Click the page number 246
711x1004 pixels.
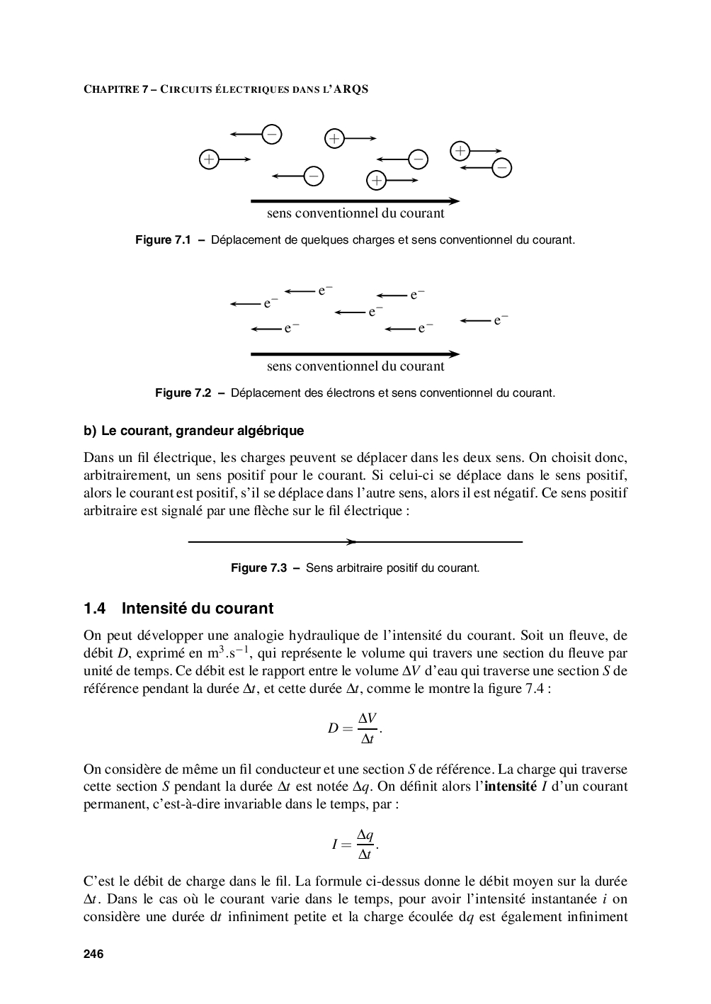(93, 954)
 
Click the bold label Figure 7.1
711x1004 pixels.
(164, 240)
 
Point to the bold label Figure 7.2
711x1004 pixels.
(183, 393)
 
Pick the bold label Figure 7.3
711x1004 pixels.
(259, 568)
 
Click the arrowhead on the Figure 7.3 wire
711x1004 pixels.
(351, 542)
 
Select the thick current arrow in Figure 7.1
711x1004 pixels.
(355, 201)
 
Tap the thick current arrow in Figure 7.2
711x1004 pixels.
(355, 354)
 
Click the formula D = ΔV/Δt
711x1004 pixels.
(355, 728)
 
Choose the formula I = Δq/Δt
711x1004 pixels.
(355, 844)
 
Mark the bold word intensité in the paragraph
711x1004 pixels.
(511, 786)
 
